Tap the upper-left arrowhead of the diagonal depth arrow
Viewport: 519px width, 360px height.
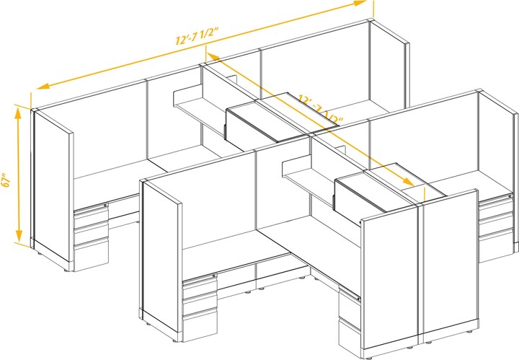(x=210, y=54)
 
